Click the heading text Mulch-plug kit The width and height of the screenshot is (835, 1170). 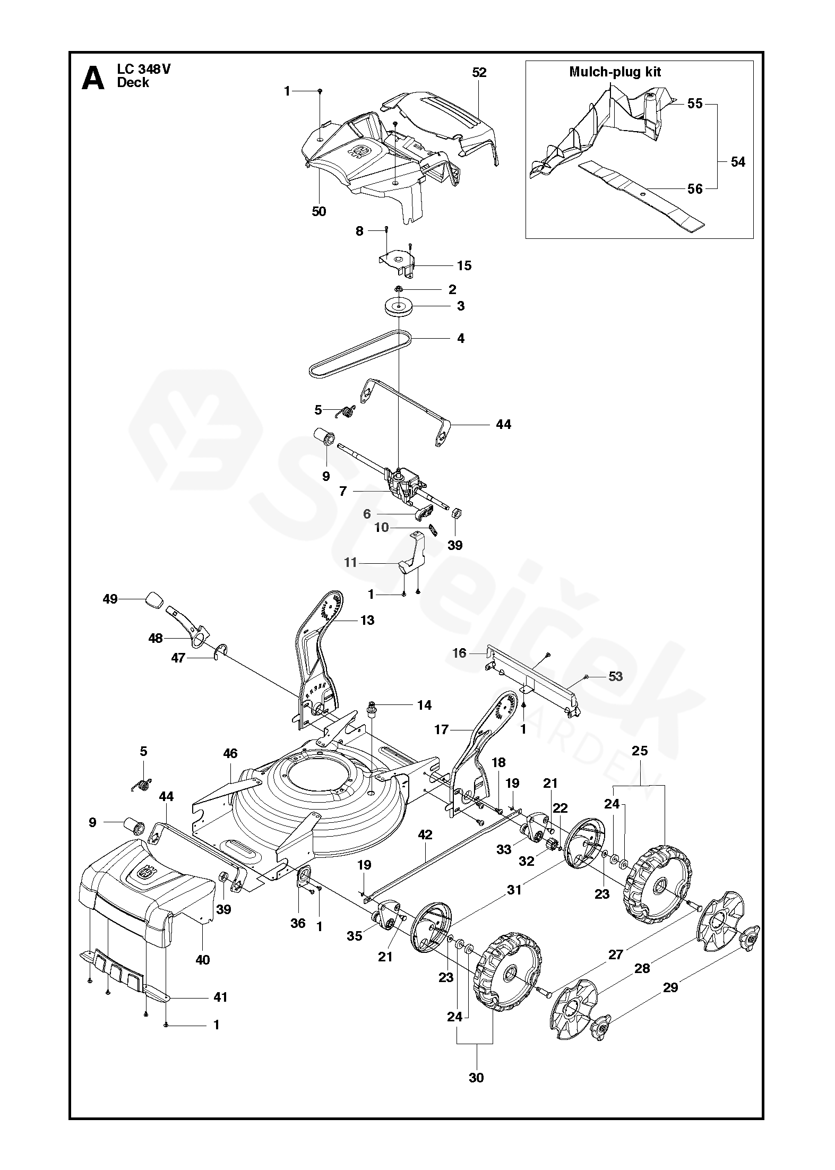pyautogui.click(x=615, y=72)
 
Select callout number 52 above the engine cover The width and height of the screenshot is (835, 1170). pyautogui.click(x=479, y=73)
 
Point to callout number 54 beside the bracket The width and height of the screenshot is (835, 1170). pyautogui.click(x=738, y=162)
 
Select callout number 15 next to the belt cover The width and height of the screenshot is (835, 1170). pyautogui.click(x=464, y=265)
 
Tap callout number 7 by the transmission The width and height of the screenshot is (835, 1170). pyautogui.click(x=343, y=492)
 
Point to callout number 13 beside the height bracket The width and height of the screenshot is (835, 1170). pyautogui.click(x=367, y=620)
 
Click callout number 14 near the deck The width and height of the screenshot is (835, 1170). pyautogui.click(x=424, y=705)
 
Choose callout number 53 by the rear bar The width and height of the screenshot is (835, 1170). pyautogui.click(x=615, y=676)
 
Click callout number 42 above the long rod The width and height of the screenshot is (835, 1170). pyautogui.click(x=425, y=835)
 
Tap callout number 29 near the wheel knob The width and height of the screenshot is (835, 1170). pyautogui.click(x=670, y=987)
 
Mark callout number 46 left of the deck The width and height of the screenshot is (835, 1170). pyautogui.click(x=230, y=753)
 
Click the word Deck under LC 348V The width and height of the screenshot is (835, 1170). pyautogui.click(x=133, y=82)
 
